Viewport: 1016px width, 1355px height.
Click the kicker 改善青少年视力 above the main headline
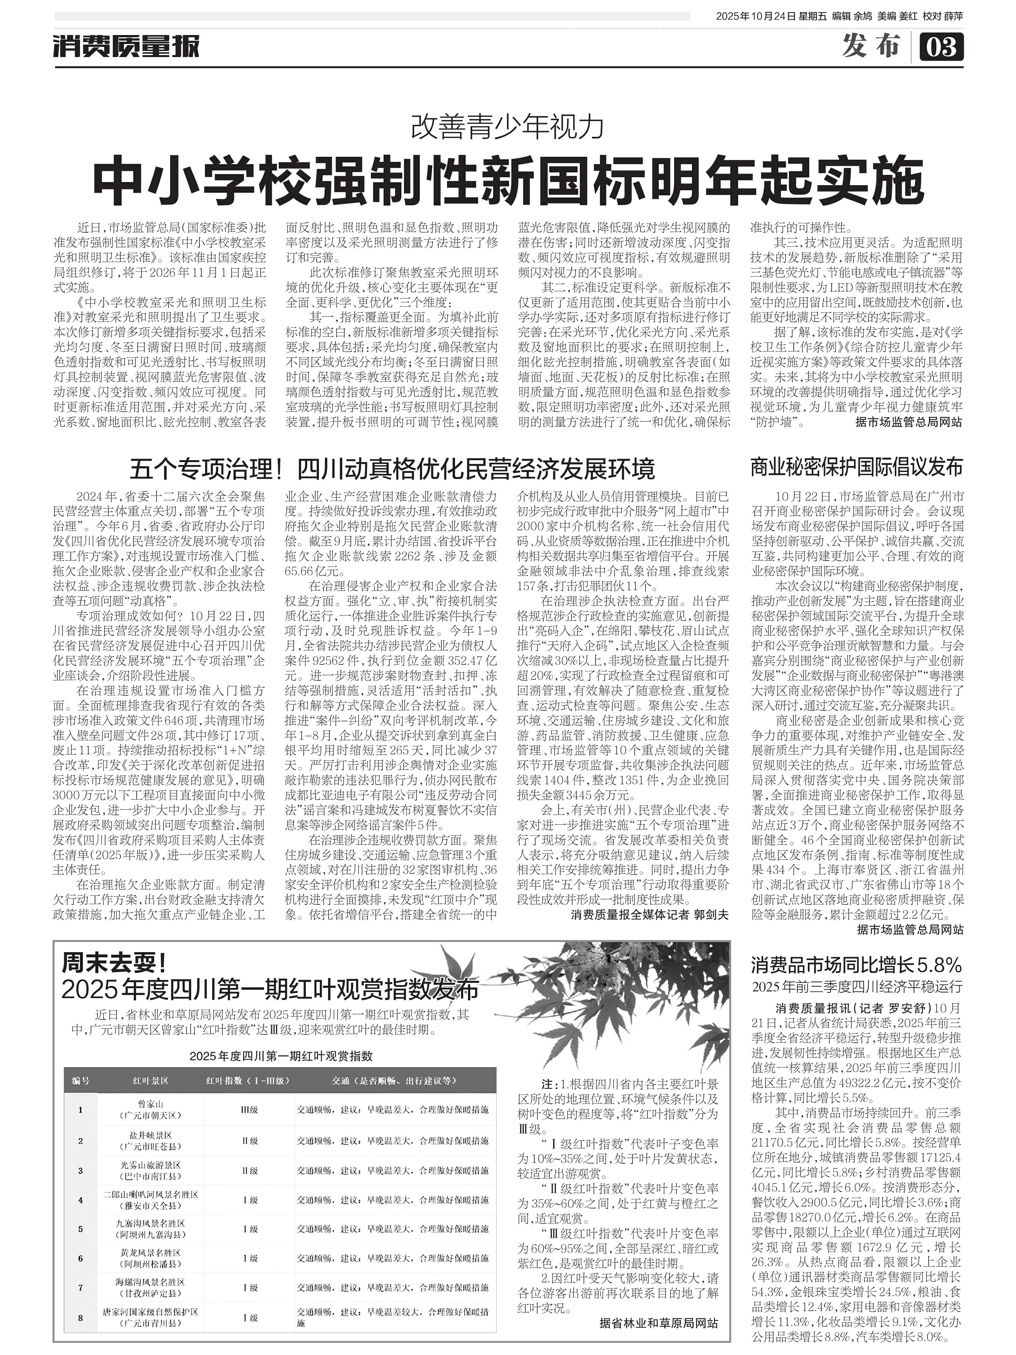point(508,127)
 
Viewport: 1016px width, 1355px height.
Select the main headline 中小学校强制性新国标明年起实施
point(508,181)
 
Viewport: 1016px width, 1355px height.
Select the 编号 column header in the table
point(80,1081)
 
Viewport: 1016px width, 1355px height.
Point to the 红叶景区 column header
point(150,1081)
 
